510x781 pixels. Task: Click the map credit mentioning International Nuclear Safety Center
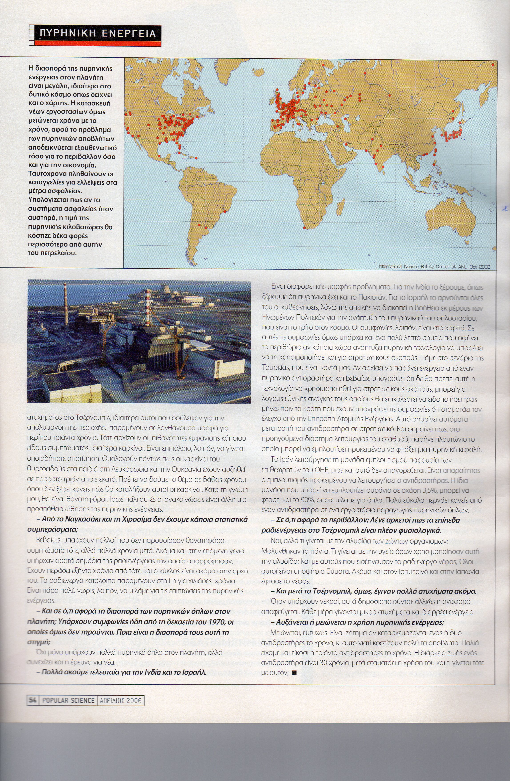click(434, 267)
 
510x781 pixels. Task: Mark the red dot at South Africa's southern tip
click(304, 227)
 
